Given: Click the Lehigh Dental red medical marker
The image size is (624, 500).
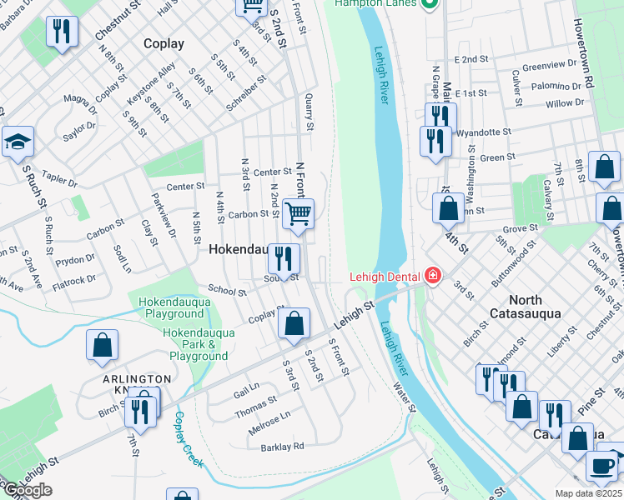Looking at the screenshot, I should pos(432,275).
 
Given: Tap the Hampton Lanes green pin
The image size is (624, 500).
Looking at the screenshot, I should pos(430,3).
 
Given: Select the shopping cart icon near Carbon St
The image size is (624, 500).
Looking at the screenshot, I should pos(298,213).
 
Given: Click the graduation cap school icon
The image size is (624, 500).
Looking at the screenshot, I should pos(17,142).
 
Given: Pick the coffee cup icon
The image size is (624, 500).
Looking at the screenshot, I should pos(601,466).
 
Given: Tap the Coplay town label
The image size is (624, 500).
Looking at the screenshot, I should pos(164,42).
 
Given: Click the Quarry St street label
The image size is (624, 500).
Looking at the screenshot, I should pos(309,112).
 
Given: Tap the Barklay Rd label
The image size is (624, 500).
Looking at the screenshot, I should pos(282,447).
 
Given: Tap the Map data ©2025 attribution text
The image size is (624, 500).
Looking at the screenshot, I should pos(588,493).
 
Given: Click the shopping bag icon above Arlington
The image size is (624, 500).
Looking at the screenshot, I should pos(102,345).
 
